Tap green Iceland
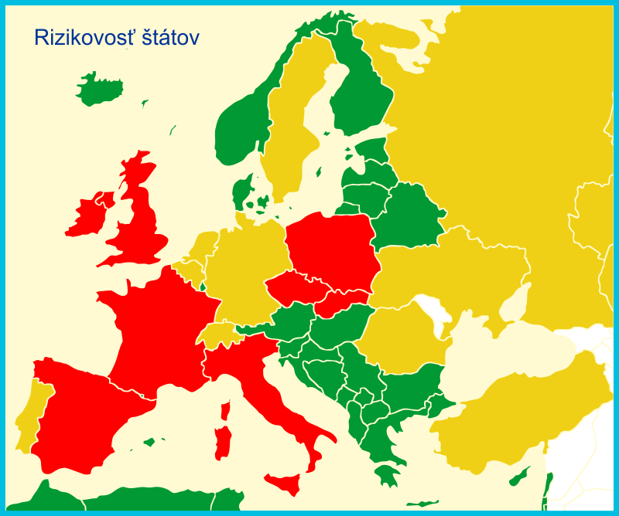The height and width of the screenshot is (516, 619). (99, 90)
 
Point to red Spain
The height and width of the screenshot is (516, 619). (77, 417)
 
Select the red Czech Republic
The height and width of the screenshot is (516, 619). (294, 287)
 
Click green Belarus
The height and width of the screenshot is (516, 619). (406, 216)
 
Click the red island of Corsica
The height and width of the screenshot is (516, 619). (226, 410)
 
